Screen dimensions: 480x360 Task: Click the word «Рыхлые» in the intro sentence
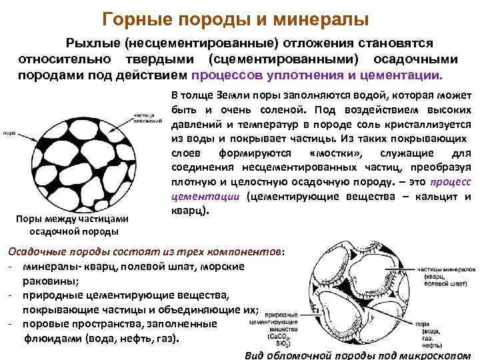pos(92,43)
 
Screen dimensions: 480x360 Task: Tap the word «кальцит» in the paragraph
pos(436,197)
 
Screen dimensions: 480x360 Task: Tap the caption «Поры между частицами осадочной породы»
pos(74,225)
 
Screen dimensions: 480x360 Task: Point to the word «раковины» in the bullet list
pos(51,281)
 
